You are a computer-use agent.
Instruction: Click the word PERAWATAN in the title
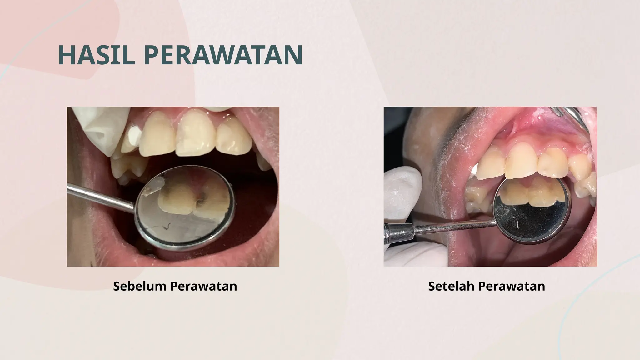click(223, 55)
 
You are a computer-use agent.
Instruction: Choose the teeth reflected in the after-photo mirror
click(528, 192)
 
